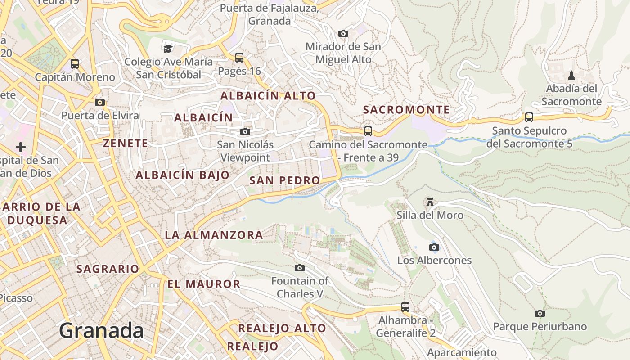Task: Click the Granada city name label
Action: [x=101, y=331]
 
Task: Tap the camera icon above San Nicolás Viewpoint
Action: [x=245, y=131]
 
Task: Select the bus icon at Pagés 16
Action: [x=239, y=58]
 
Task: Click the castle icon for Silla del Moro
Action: [x=430, y=202]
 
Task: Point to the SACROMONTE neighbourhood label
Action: [x=406, y=110]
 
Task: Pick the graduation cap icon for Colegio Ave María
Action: [x=168, y=48]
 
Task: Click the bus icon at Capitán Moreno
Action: [x=75, y=64]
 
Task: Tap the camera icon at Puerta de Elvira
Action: [x=100, y=102]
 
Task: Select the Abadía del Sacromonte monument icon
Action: [x=571, y=75]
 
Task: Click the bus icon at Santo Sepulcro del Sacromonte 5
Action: [x=529, y=117]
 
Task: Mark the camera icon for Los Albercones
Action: [x=434, y=247]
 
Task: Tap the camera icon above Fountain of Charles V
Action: [x=300, y=268]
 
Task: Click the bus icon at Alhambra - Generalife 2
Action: [x=405, y=307]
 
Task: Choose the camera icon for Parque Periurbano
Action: [x=540, y=313]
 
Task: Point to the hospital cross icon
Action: [x=21, y=147]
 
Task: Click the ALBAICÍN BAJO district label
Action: [x=183, y=175]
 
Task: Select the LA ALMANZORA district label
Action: [x=214, y=235]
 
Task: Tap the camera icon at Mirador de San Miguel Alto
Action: [x=343, y=33]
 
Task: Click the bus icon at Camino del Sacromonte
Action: [x=368, y=131]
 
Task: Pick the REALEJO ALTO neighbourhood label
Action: [x=282, y=328]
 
